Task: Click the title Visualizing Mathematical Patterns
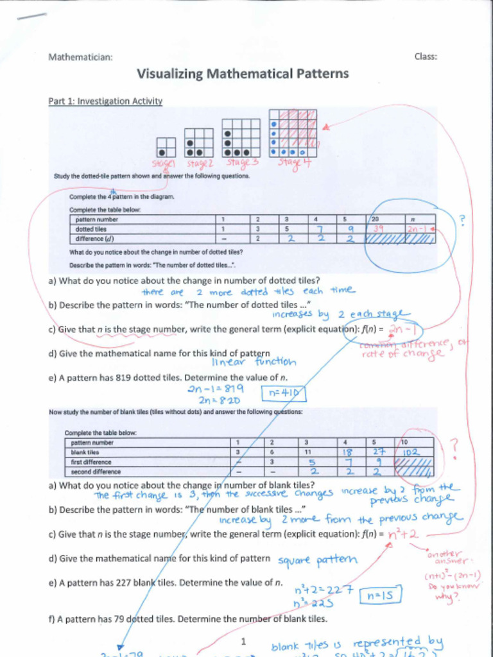[x=243, y=74]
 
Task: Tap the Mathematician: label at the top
[x=81, y=57]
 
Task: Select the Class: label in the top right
[x=426, y=56]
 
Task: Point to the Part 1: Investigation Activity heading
[x=105, y=101]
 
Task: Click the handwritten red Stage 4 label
[x=295, y=162]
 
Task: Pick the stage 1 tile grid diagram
[x=166, y=147]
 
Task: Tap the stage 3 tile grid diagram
[x=241, y=138]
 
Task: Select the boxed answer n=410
[x=283, y=393]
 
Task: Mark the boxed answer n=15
[x=380, y=596]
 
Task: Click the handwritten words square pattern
[x=317, y=560]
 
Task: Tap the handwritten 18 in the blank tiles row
[x=345, y=452]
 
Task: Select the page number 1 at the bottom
[x=243, y=642]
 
